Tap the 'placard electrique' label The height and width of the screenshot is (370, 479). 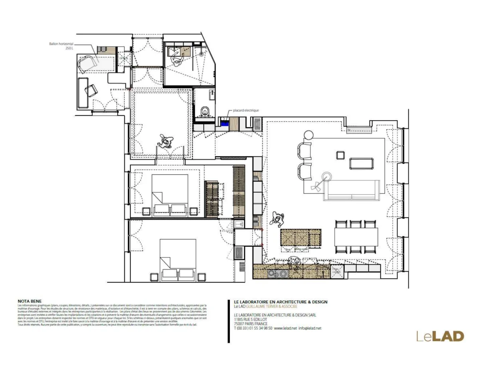pyautogui.click(x=246, y=110)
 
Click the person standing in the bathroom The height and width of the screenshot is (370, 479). pyautogui.click(x=177, y=60)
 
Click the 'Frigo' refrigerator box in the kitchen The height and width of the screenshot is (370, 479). pyautogui.click(x=336, y=271)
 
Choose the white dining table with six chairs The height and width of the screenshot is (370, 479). pyautogui.click(x=356, y=237)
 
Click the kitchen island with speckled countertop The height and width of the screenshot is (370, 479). pyautogui.click(x=301, y=238)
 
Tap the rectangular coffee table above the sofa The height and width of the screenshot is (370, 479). pyautogui.click(x=361, y=164)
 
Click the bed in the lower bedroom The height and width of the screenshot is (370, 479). pyautogui.click(x=178, y=257)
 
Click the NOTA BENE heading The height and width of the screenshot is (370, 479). pyautogui.click(x=30, y=301)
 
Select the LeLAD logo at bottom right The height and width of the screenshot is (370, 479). pyautogui.click(x=440, y=336)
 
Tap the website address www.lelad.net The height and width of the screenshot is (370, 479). pyautogui.click(x=285, y=328)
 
